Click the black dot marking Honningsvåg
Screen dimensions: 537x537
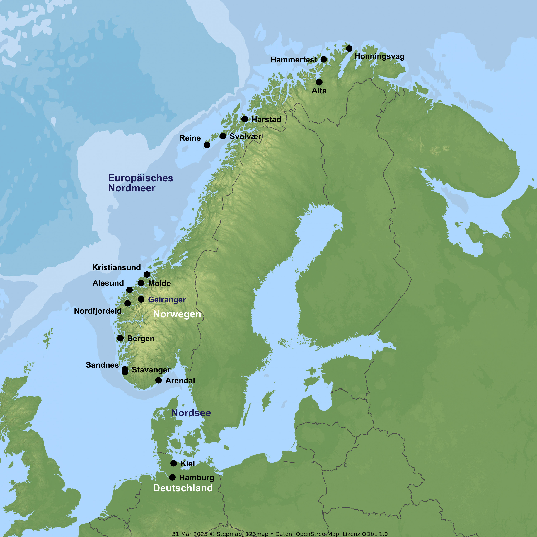coord(349,49)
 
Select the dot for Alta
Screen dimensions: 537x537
coord(319,82)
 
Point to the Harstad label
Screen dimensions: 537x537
coord(266,120)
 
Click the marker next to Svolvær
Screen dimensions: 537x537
coord(223,136)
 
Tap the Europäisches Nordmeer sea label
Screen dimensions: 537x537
coord(140,183)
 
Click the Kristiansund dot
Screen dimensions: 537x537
coord(147,275)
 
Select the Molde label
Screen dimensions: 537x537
coord(159,284)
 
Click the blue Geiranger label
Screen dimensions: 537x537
coord(167,300)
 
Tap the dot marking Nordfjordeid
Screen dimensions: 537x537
coord(128,303)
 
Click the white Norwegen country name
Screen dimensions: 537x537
coord(177,314)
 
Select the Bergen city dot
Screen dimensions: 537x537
coord(120,338)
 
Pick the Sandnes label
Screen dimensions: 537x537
coord(102,365)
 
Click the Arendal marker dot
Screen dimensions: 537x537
coord(158,380)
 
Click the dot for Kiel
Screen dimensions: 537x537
coord(173,463)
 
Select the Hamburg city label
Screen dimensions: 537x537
coord(197,478)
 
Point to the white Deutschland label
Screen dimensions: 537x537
coord(183,488)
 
